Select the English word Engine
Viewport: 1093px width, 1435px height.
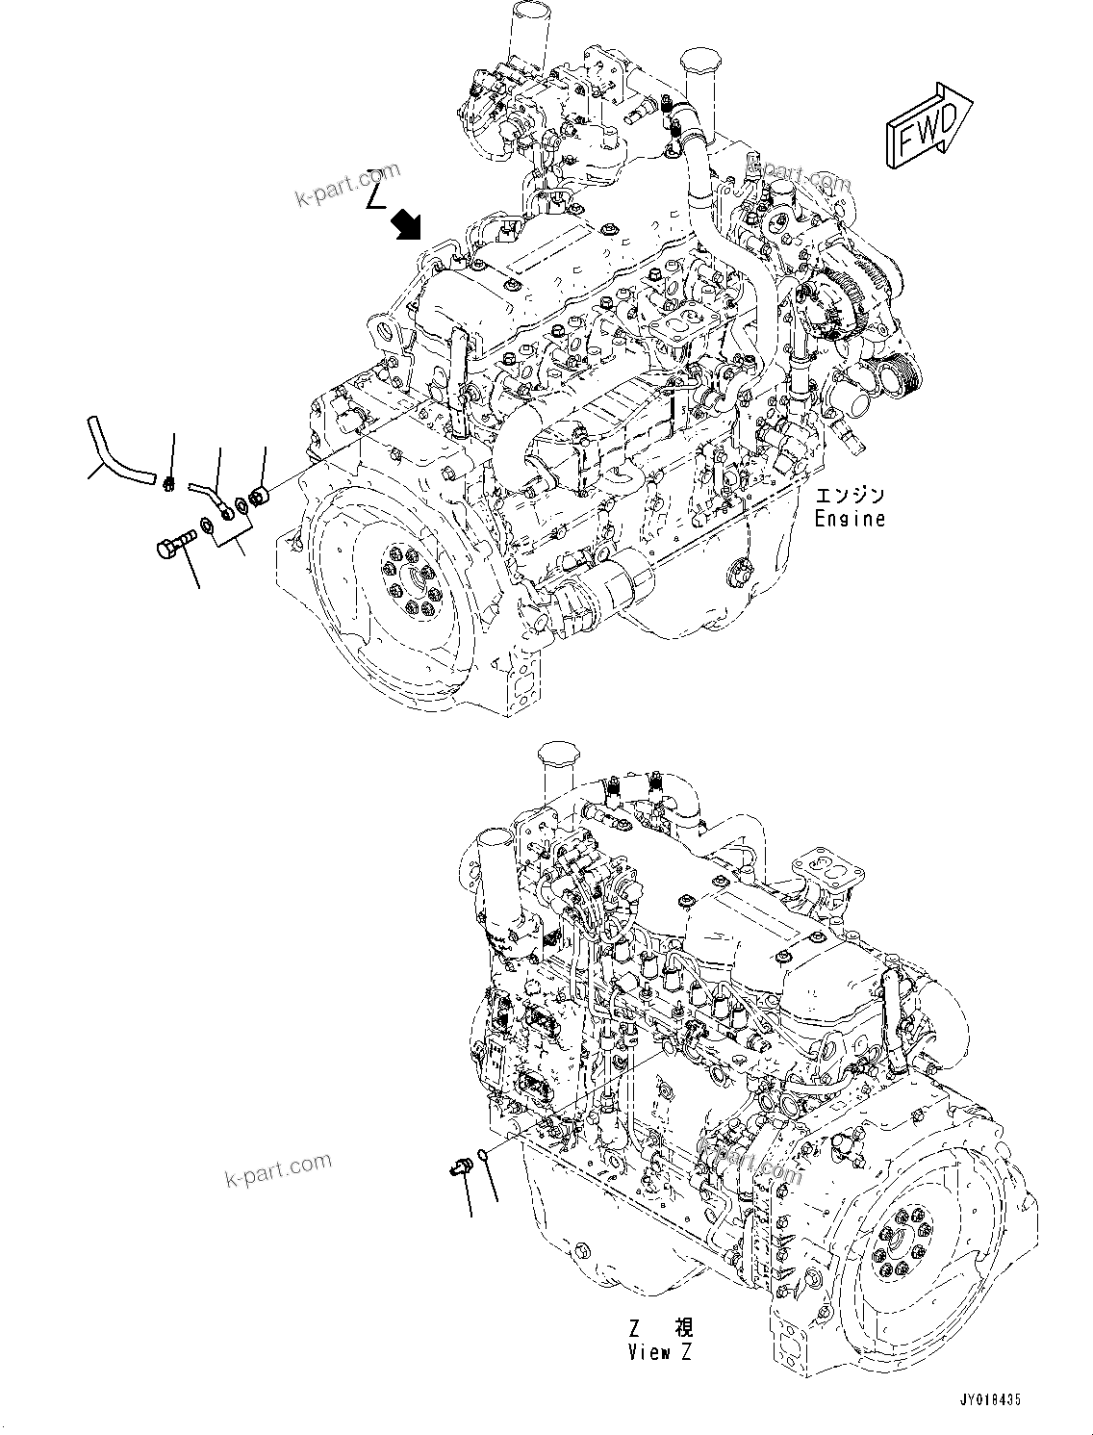coord(849,519)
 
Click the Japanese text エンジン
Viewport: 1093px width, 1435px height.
coord(850,496)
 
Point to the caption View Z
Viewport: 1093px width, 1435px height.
coord(660,1351)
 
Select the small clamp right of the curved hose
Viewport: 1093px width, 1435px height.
coord(169,481)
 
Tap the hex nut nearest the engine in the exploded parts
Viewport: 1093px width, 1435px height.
coord(259,498)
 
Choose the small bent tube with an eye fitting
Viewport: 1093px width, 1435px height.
coord(211,494)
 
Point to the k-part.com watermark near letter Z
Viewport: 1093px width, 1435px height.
coord(346,185)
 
